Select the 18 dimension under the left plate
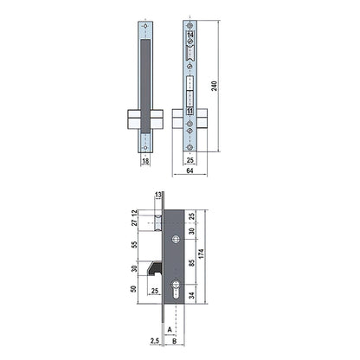click(145, 161)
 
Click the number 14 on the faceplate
click(190, 35)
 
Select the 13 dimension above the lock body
click(158, 196)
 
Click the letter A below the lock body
click(171, 330)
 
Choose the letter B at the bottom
click(177, 341)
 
